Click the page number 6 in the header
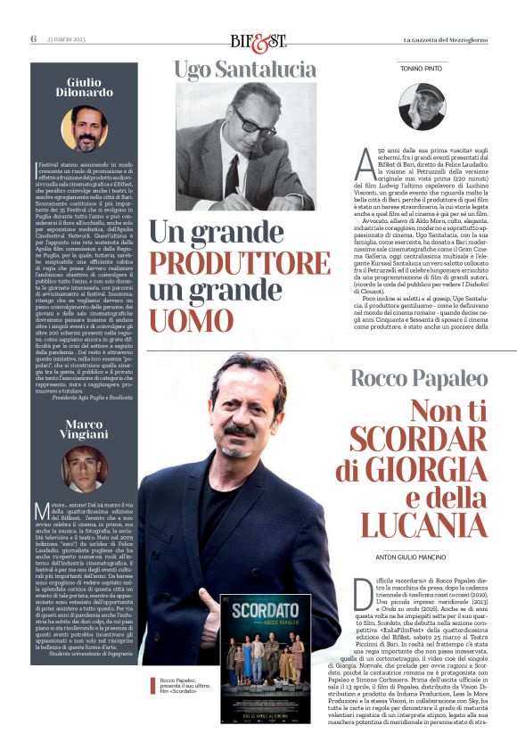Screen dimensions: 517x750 click(33, 38)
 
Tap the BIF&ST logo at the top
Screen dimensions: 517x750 click(258, 39)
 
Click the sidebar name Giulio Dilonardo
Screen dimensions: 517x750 click(84, 87)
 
